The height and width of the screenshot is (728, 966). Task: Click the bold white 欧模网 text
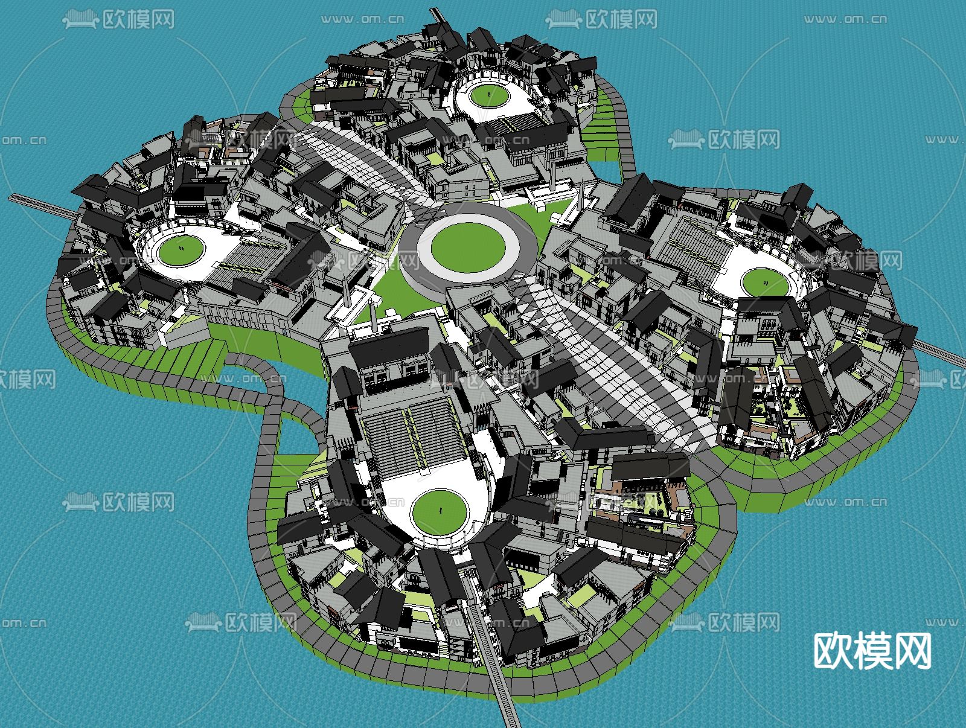(872, 651)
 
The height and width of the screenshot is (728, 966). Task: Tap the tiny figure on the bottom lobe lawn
(440, 510)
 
